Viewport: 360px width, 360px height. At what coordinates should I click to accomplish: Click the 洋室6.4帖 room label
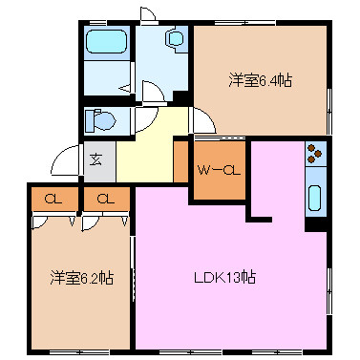coord(260,80)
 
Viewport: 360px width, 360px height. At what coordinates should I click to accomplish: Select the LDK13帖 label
coord(224,278)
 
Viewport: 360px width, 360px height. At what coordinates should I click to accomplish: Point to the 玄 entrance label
coord(96,159)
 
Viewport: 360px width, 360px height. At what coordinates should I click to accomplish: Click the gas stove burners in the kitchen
coord(316,152)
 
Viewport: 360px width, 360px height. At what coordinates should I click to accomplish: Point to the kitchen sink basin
coord(316,198)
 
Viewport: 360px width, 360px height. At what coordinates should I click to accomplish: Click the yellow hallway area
coord(143,153)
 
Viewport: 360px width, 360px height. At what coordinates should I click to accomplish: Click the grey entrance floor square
coord(98,160)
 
